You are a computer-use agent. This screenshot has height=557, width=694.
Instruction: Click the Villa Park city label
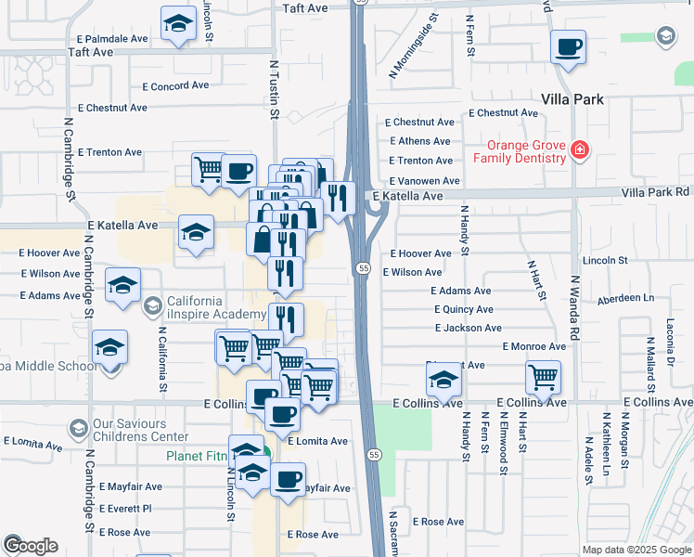coord(572,99)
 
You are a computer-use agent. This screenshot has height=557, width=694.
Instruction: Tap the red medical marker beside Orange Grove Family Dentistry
coord(580,149)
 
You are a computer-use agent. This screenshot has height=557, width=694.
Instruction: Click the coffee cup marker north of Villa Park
coord(568,45)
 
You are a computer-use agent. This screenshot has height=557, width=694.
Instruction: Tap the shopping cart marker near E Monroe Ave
coord(543,377)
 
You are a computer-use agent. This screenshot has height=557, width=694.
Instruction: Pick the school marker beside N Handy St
coord(444,379)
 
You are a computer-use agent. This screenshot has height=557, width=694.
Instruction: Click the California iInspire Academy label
coord(194,307)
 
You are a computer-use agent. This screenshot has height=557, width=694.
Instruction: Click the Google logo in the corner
coord(31,546)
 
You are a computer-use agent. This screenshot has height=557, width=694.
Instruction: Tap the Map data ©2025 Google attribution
coord(636,550)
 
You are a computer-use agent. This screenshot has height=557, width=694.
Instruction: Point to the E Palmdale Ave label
coord(113,39)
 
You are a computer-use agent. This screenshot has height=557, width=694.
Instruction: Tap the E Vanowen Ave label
coord(425,181)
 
